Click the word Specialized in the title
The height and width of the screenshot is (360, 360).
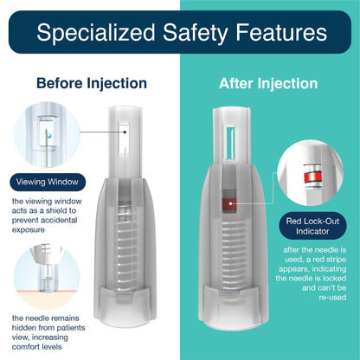(x=96, y=33)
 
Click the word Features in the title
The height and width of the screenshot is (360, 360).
(x=281, y=32)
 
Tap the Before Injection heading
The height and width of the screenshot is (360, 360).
(x=92, y=83)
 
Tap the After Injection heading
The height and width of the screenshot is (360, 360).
(x=268, y=84)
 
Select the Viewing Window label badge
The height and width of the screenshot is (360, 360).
(x=48, y=182)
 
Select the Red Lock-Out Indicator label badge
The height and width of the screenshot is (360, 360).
(x=312, y=226)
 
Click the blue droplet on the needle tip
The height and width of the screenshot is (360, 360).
(x=49, y=135)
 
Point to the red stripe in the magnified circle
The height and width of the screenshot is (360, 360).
(x=312, y=177)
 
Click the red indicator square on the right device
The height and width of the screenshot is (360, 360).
(x=229, y=204)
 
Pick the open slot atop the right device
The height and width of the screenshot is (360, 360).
(x=230, y=142)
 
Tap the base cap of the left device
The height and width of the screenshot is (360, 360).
(x=125, y=305)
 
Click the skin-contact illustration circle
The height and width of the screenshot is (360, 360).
(x=47, y=276)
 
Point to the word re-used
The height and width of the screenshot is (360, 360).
(x=332, y=298)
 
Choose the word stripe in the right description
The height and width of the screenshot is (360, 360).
(x=336, y=260)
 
